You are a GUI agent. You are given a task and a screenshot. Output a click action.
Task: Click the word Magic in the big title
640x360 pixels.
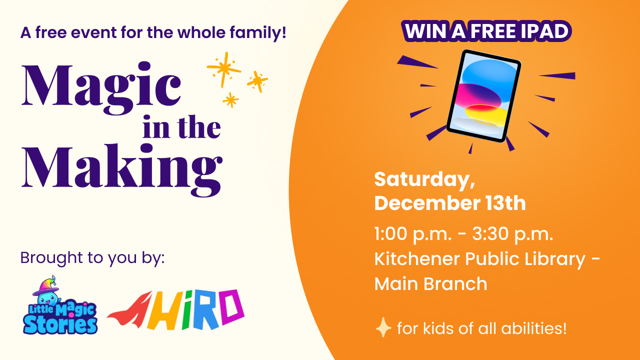tap(101, 88)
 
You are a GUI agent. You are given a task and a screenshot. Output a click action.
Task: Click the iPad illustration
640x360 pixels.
tap(484, 96)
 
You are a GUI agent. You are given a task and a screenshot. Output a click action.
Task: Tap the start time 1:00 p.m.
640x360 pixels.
tap(413, 234)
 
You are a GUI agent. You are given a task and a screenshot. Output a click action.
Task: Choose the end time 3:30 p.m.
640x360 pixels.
tap(513, 234)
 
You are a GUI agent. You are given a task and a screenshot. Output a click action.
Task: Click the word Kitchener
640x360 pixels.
tap(417, 259)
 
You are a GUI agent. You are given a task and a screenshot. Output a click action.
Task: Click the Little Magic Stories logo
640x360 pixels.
tap(60, 305)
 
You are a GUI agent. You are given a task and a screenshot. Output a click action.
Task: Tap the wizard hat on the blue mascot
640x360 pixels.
tap(45, 285)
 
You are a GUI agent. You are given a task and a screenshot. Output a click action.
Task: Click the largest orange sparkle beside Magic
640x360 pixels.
tap(224, 69)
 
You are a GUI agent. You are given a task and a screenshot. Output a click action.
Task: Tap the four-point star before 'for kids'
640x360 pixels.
tap(383, 327)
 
